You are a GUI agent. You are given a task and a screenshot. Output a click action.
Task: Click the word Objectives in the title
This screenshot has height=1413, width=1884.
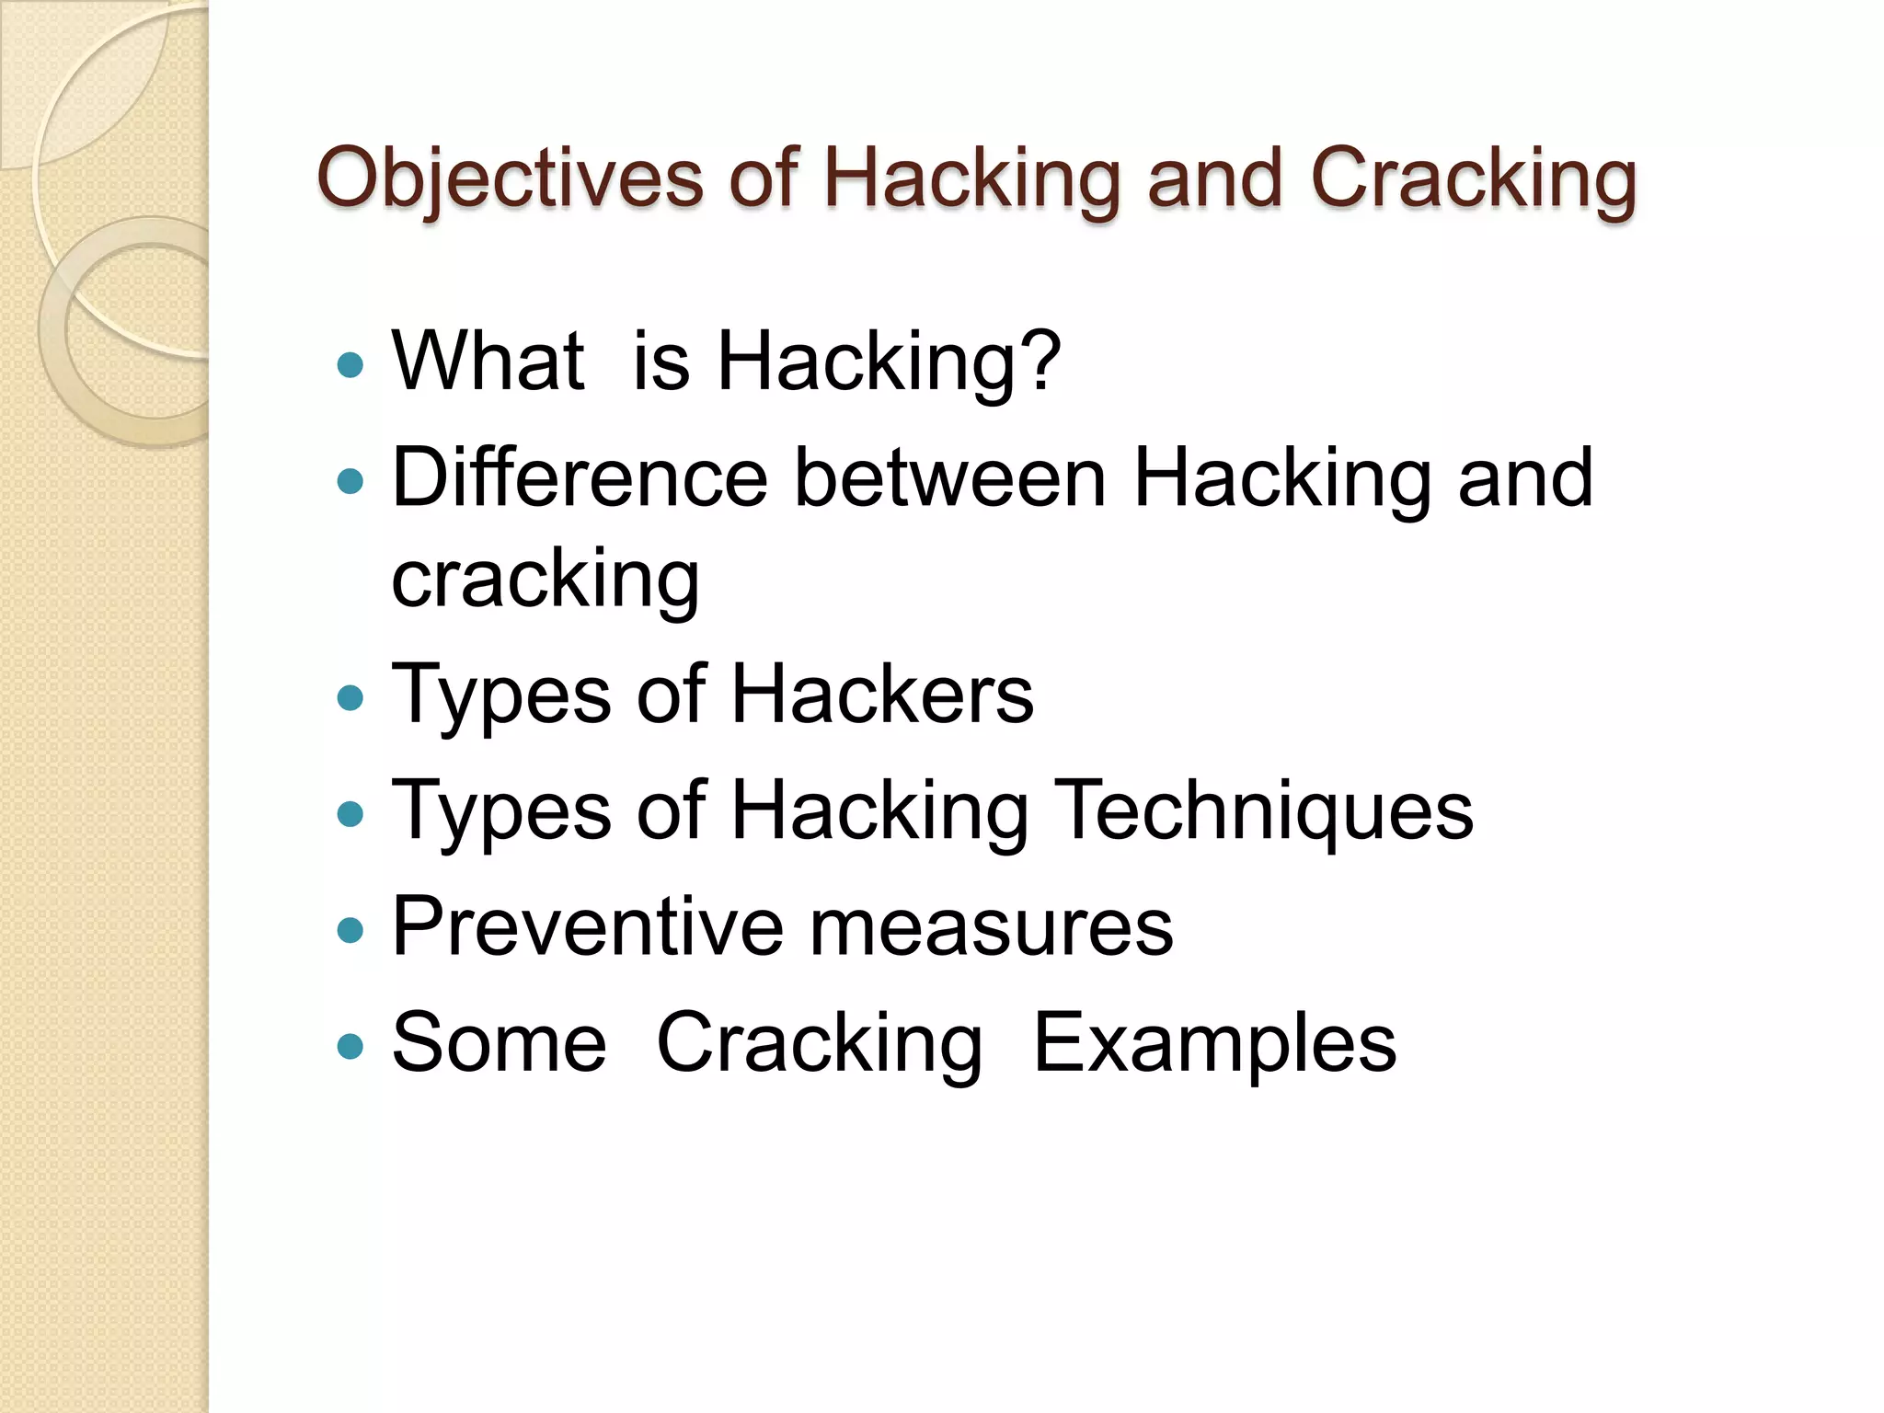510,179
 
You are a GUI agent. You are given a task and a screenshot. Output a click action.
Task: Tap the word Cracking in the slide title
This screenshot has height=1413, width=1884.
1473,179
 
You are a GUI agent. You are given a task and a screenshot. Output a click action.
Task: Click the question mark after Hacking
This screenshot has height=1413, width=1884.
1042,361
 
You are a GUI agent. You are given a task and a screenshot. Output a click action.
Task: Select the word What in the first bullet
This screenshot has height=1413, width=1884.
488,361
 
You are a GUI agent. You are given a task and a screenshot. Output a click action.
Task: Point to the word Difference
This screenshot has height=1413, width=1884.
580,477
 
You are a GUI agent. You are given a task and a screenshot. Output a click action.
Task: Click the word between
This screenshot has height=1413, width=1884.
949,477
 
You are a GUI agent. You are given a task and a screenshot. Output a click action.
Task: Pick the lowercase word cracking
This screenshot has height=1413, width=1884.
546,580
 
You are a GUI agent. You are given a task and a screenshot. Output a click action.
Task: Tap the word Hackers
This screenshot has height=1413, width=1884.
882,695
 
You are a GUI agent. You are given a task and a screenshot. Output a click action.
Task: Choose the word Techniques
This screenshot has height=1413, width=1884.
1263,810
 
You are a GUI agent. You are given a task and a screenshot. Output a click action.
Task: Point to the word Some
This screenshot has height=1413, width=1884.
499,1042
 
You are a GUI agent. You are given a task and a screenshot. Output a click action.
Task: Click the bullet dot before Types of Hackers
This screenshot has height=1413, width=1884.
350,698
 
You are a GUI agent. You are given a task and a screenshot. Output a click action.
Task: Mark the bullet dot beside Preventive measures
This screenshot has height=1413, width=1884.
350,931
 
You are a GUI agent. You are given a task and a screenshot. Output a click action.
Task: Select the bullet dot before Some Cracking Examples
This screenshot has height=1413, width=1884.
350,1047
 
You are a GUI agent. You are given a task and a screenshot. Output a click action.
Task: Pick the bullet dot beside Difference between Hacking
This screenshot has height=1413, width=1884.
350,481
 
